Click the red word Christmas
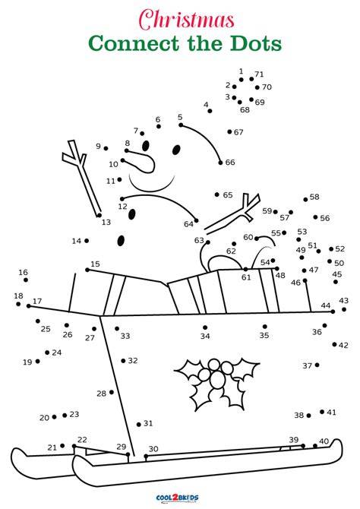point(187,19)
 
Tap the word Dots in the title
point(256,43)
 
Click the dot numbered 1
point(242,80)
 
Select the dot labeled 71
point(251,79)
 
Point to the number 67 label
point(238,132)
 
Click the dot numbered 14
point(87,241)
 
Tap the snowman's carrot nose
point(140,161)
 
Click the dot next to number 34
point(205,327)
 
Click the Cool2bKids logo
point(177,498)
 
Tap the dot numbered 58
point(305,199)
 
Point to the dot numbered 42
point(334,344)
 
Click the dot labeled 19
point(38,361)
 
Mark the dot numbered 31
point(139,424)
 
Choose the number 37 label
point(307,366)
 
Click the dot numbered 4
point(210,111)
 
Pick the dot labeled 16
point(26,280)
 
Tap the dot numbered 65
point(217,194)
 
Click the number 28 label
point(102,394)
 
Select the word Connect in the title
point(134,43)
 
